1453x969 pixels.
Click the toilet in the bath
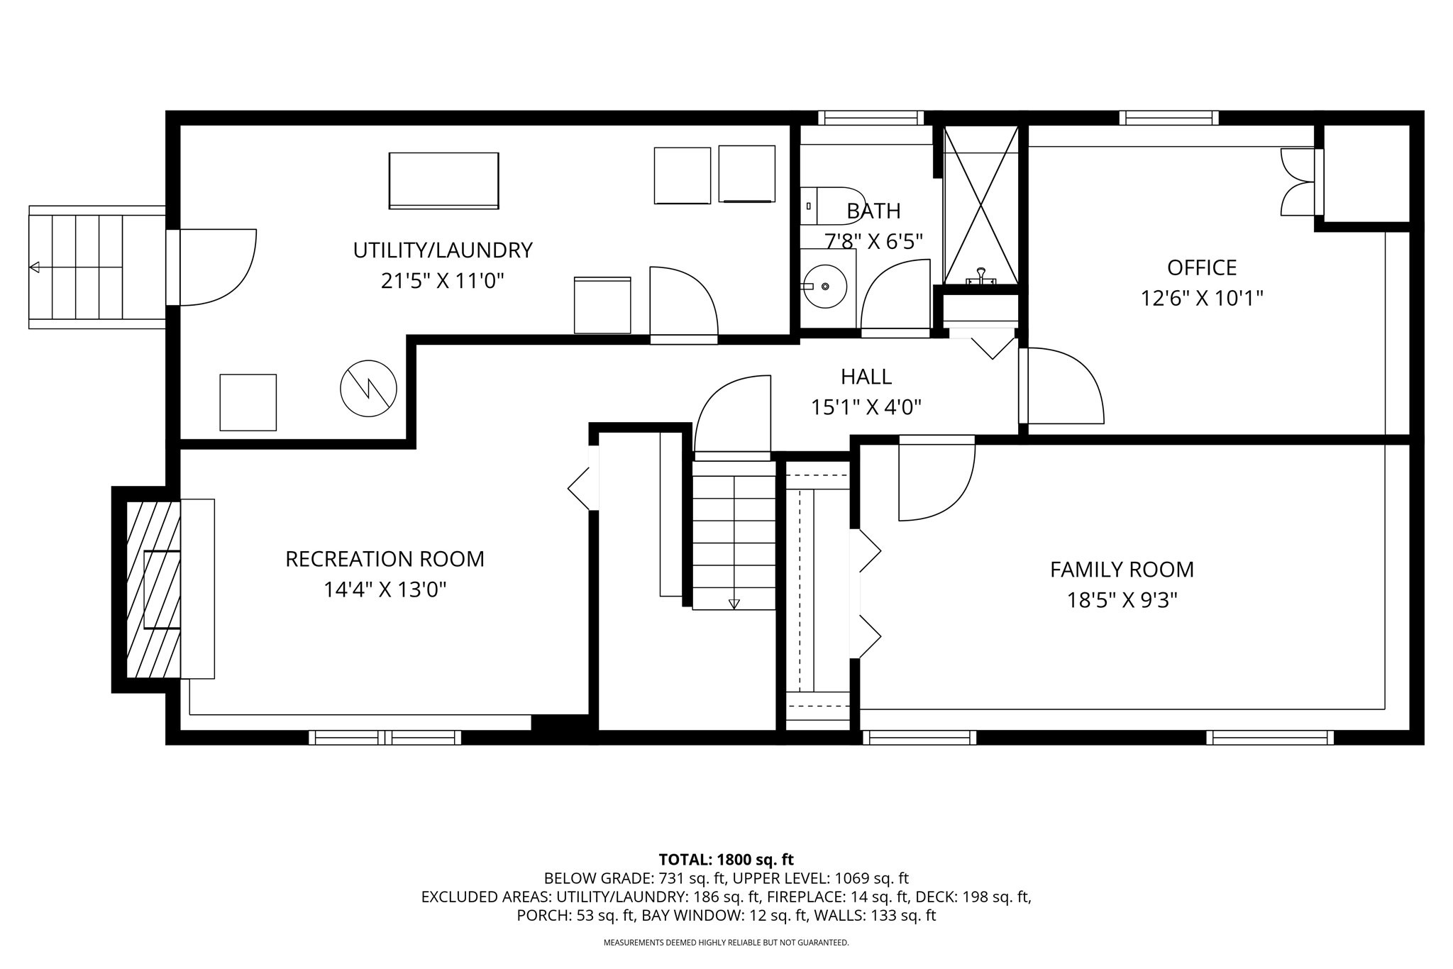(x=832, y=205)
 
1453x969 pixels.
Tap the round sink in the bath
(x=824, y=286)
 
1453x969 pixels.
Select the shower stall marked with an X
(x=980, y=206)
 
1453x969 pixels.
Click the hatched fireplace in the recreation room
(x=153, y=589)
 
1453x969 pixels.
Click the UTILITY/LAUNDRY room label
(x=443, y=250)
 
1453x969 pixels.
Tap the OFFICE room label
(x=1202, y=267)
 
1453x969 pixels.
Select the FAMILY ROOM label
(x=1122, y=570)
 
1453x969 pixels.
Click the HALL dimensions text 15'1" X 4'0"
(x=866, y=407)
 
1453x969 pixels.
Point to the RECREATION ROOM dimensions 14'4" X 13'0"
(x=385, y=590)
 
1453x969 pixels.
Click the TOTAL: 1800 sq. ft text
(x=726, y=860)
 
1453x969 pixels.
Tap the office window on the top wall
(x=1169, y=118)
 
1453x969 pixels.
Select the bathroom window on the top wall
(x=871, y=118)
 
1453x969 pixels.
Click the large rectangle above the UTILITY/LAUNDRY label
(x=444, y=181)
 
